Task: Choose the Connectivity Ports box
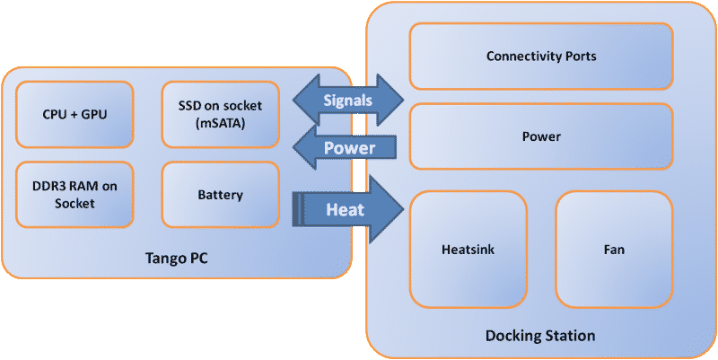coord(541,56)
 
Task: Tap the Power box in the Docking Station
coord(541,136)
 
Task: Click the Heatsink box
coord(468,250)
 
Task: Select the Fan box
coord(614,250)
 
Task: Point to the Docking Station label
coord(540,336)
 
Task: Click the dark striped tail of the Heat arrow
coord(297,210)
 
